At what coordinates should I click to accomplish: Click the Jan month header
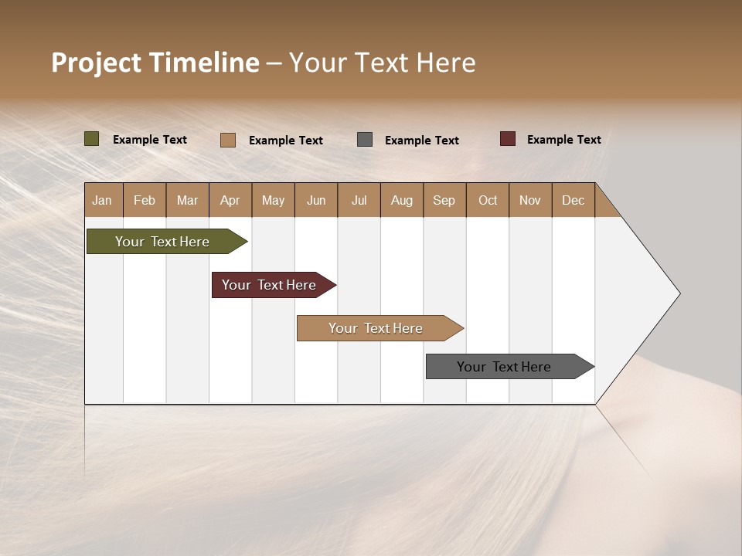pos(102,200)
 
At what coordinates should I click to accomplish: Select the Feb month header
pos(145,200)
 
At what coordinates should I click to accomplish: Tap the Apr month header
pos(230,200)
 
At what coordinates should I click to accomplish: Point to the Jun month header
pos(316,200)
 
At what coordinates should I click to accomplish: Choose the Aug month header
pos(401,200)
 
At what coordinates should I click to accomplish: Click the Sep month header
pos(444,200)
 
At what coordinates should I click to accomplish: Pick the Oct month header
pos(488,200)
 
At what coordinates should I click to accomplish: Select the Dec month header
pos(573,200)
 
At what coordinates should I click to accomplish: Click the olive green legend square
pos(92,139)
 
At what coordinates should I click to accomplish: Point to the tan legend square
pos(228,140)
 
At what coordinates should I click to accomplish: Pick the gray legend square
pos(365,140)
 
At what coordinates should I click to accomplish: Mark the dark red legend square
pos(508,139)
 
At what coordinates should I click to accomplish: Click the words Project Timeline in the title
pos(155,63)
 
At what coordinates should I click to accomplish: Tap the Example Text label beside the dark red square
pos(563,140)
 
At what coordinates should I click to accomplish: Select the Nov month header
pos(530,200)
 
